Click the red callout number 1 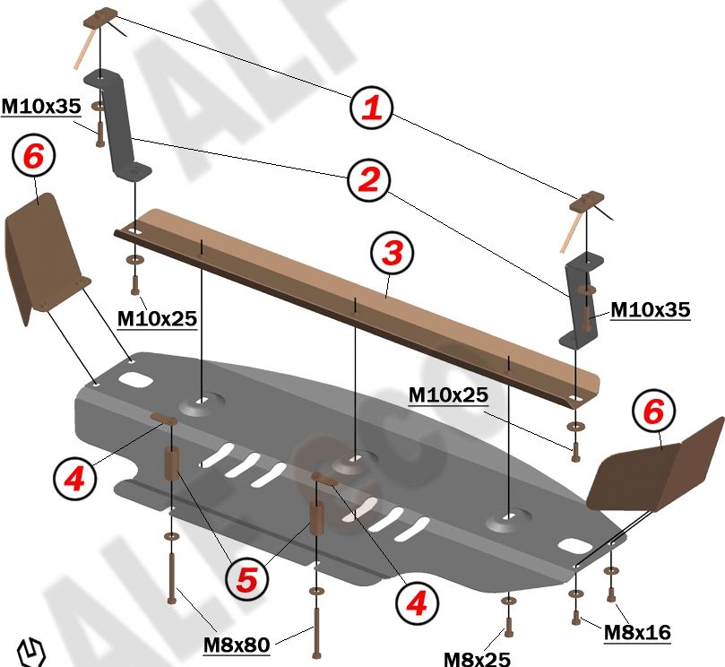(371, 108)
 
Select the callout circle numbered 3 (392, 254)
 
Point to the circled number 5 (247, 580)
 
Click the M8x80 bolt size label (236, 644)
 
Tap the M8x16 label (637, 632)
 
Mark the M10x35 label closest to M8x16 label (651, 310)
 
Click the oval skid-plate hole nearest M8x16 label (572, 544)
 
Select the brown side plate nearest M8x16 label (659, 466)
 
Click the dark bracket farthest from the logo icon (581, 300)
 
